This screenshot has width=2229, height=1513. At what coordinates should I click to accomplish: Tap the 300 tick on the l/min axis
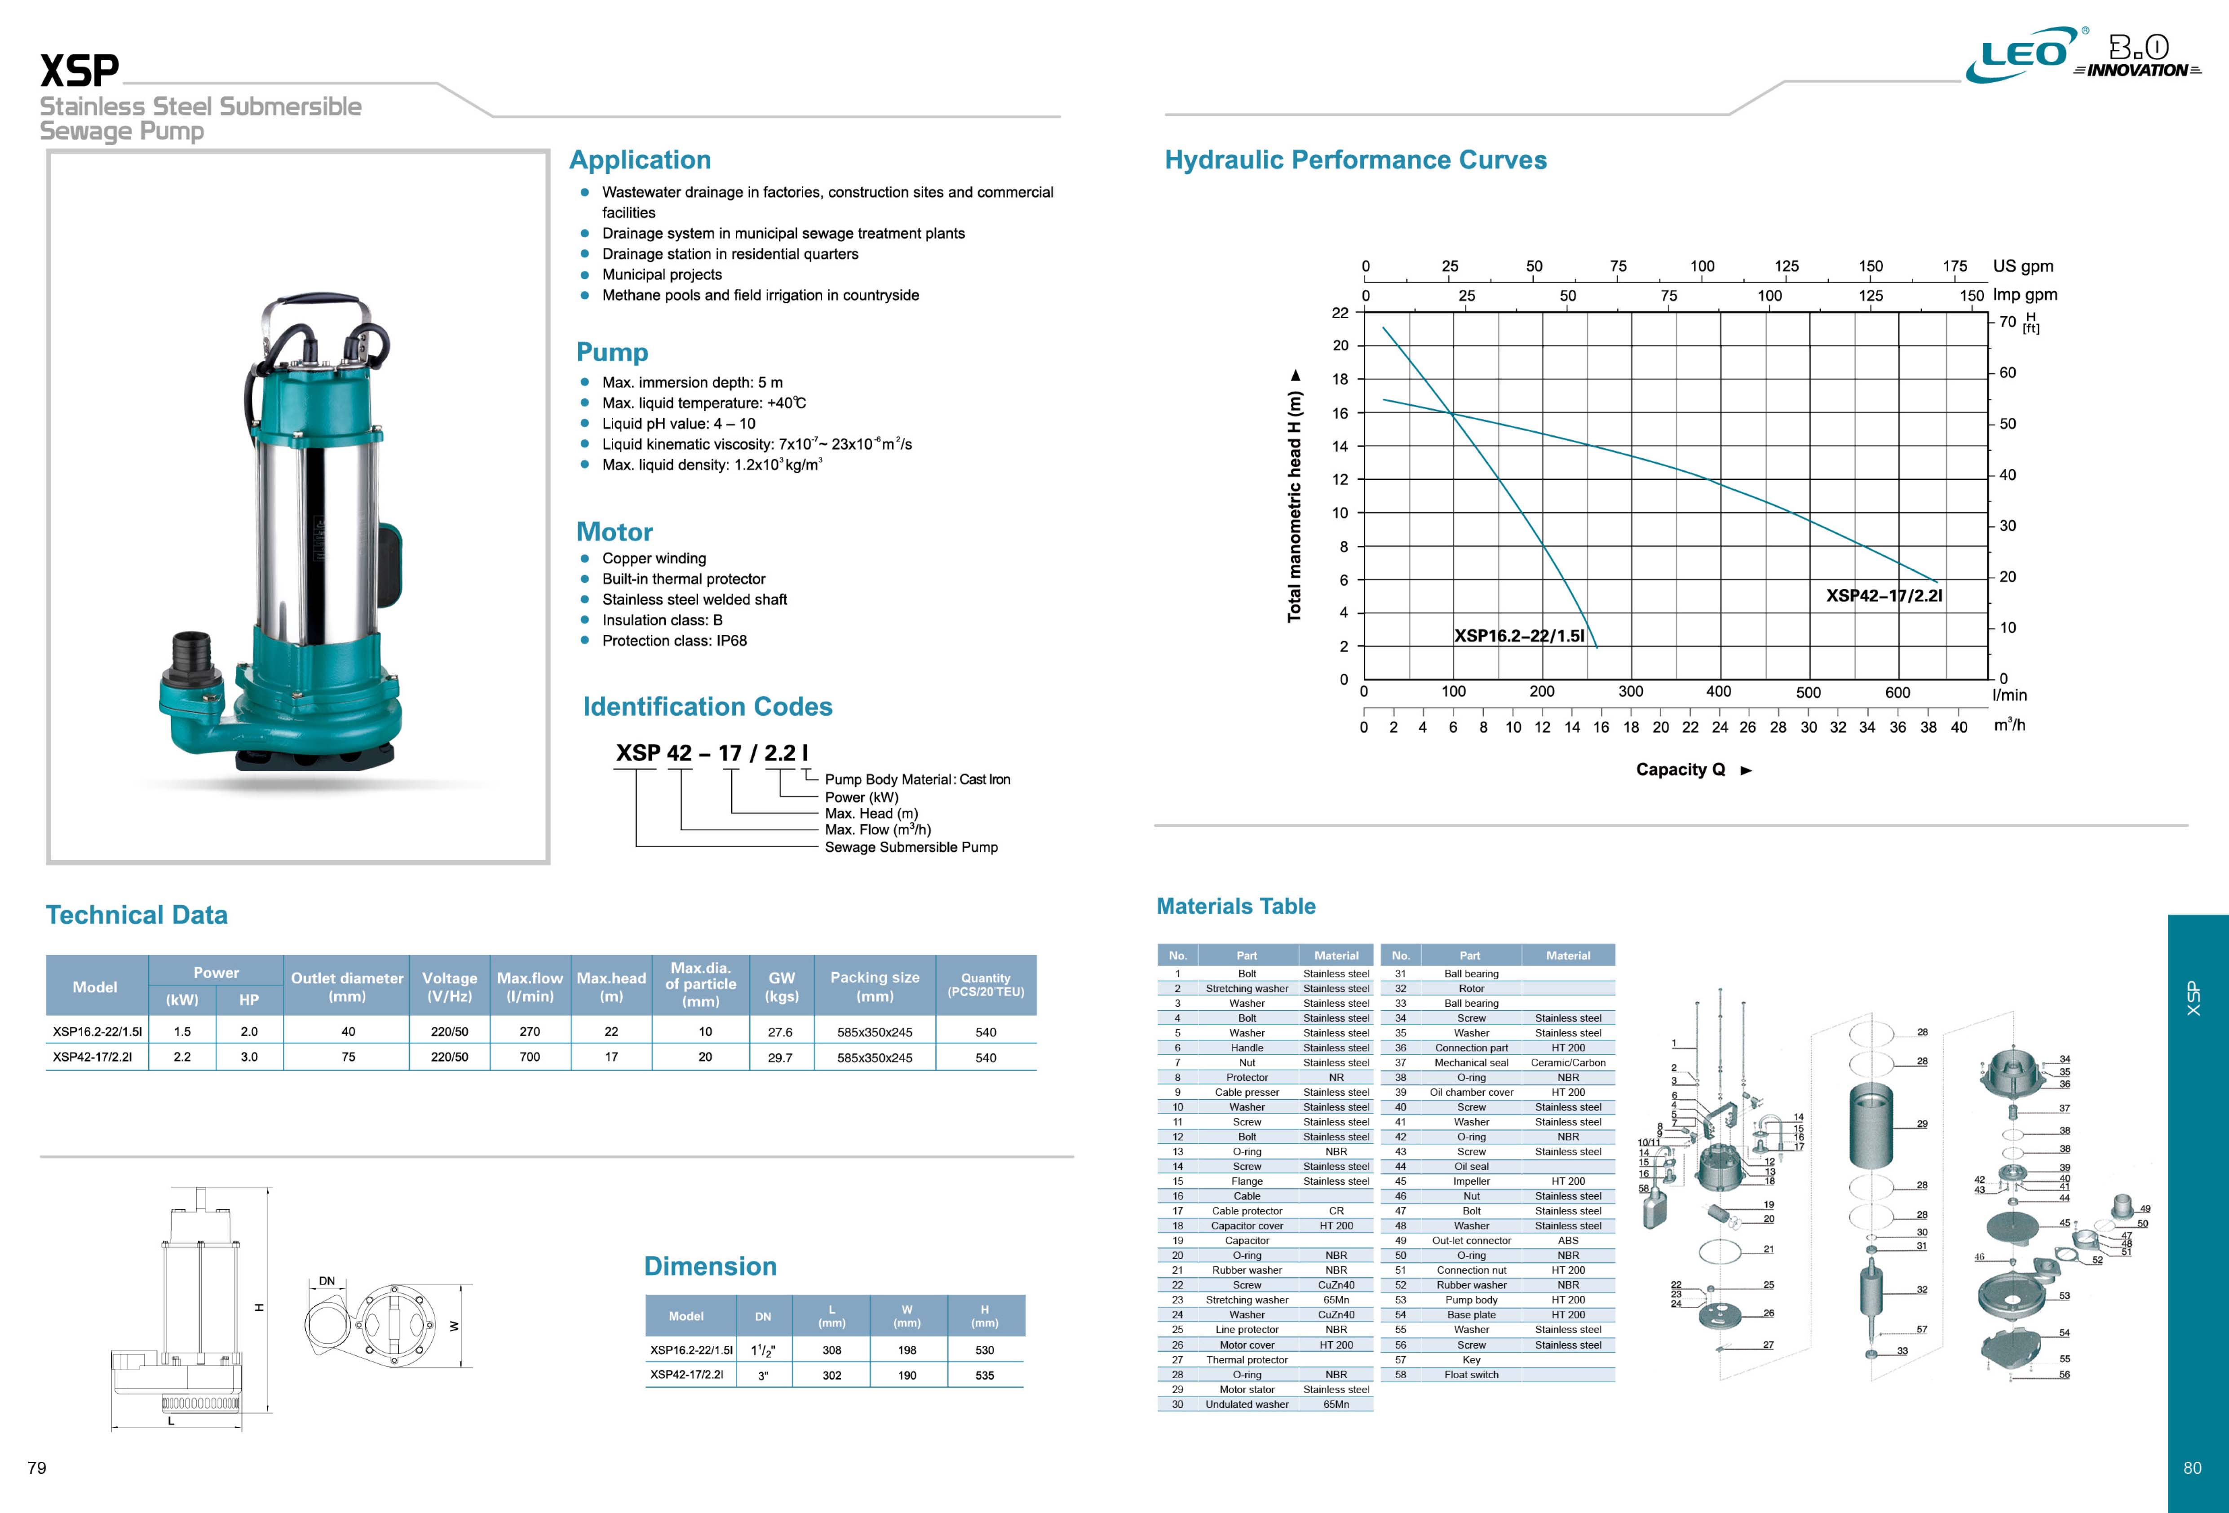click(x=1631, y=692)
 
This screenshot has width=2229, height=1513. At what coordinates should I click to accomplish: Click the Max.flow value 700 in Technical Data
click(x=530, y=1057)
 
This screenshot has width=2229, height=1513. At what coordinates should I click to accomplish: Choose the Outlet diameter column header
click(x=347, y=987)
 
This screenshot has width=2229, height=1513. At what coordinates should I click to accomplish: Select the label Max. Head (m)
click(x=871, y=814)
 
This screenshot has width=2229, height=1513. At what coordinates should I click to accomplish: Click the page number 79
click(x=36, y=1468)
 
